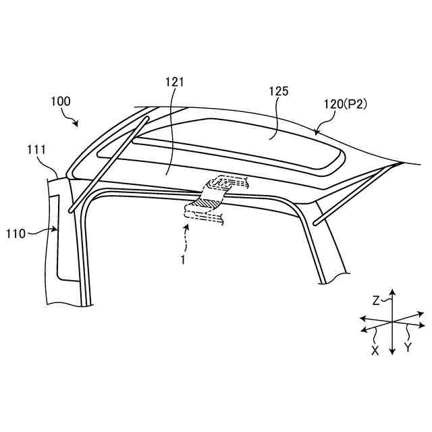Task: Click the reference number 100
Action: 60,102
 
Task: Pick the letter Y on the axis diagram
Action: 407,347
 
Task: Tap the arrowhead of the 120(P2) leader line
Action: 317,132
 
